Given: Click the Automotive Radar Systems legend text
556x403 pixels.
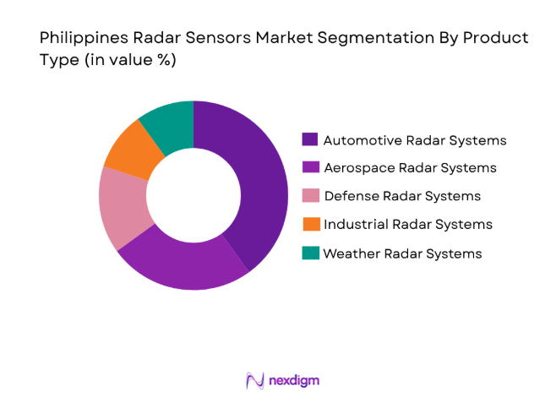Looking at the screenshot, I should click(415, 139).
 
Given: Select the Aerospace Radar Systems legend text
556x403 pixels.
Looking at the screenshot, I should click(409, 167).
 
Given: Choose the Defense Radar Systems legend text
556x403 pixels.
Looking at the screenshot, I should click(401, 196).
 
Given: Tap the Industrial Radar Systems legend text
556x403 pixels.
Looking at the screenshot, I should click(407, 224).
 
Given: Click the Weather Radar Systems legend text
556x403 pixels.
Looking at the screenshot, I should click(402, 253).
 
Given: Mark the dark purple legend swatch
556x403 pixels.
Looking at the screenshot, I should click(310, 139).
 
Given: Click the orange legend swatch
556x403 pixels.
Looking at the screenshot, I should click(310, 224).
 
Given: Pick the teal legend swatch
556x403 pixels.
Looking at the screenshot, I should click(310, 253).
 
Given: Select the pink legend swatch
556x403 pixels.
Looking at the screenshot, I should click(310, 196).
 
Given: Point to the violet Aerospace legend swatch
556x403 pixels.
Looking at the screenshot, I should click(310, 167).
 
